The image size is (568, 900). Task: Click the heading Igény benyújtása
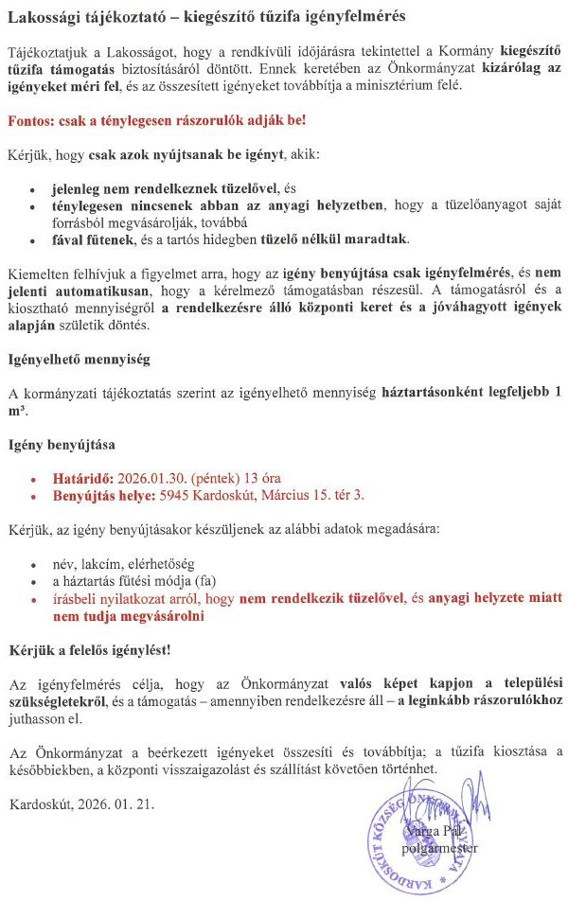[x=63, y=445]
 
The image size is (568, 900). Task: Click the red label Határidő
[x=81, y=477]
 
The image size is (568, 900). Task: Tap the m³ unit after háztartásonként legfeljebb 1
[x=14, y=409]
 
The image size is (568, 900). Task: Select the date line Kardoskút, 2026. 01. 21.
[x=82, y=804]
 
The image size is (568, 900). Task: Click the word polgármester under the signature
[x=438, y=848]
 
